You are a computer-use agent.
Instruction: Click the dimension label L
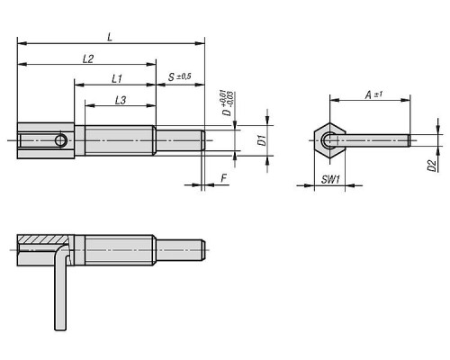pyautogui.click(x=110, y=37)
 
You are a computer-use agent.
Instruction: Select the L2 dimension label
pyautogui.click(x=88, y=58)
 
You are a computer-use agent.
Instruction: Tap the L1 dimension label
pyautogui.click(x=117, y=79)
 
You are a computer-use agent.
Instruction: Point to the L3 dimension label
pyautogui.click(x=121, y=100)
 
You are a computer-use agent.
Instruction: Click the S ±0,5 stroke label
pyautogui.click(x=179, y=76)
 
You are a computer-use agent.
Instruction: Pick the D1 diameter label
pyautogui.click(x=262, y=140)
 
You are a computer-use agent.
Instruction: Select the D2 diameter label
pyautogui.click(x=431, y=166)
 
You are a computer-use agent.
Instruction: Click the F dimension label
pyautogui.click(x=224, y=178)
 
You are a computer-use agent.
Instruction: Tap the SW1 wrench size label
pyautogui.click(x=330, y=179)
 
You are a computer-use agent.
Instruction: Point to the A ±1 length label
pyautogui.click(x=373, y=94)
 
